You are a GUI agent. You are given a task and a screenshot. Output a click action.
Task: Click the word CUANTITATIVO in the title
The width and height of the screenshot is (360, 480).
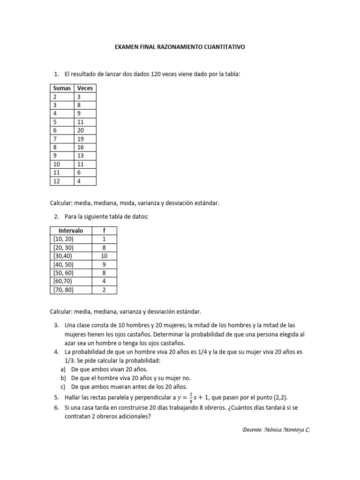pos(223,47)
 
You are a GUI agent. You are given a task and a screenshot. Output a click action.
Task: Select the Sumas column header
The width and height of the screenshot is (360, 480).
pos(62,88)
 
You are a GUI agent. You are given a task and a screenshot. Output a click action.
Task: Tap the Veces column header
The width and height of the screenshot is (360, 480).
pos(85,88)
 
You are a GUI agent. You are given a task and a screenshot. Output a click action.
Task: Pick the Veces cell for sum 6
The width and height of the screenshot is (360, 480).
pos(81,130)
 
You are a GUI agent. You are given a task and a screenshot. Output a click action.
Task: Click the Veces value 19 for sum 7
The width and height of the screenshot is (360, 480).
pos(81,139)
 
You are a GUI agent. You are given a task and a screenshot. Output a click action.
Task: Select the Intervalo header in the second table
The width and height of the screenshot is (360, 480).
pos(71,231)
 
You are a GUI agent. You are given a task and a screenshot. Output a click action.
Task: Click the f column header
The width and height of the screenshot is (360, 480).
pos(104,231)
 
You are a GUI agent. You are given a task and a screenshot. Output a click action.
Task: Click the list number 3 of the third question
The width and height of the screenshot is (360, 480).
pos(56,325)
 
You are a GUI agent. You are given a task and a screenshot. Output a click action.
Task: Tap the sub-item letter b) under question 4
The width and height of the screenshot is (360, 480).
pos(63,378)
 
